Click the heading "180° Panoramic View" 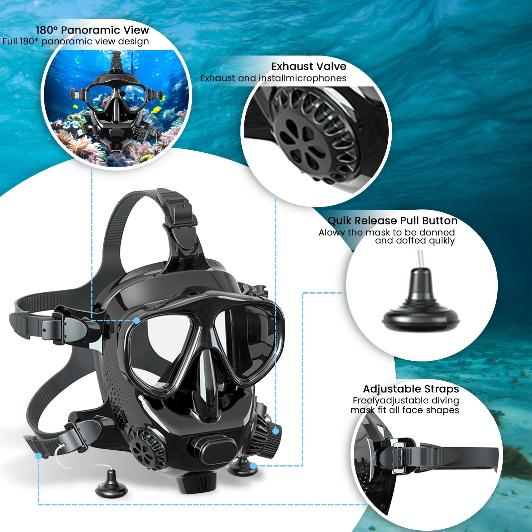(x=92, y=30)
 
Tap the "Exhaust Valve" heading (x=309, y=66)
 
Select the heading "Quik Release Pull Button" (x=392, y=221)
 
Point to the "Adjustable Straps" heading (x=411, y=389)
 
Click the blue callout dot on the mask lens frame (x=137, y=320)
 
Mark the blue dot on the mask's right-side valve (x=275, y=431)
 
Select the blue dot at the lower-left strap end (x=39, y=456)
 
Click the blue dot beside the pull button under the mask (x=253, y=465)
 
